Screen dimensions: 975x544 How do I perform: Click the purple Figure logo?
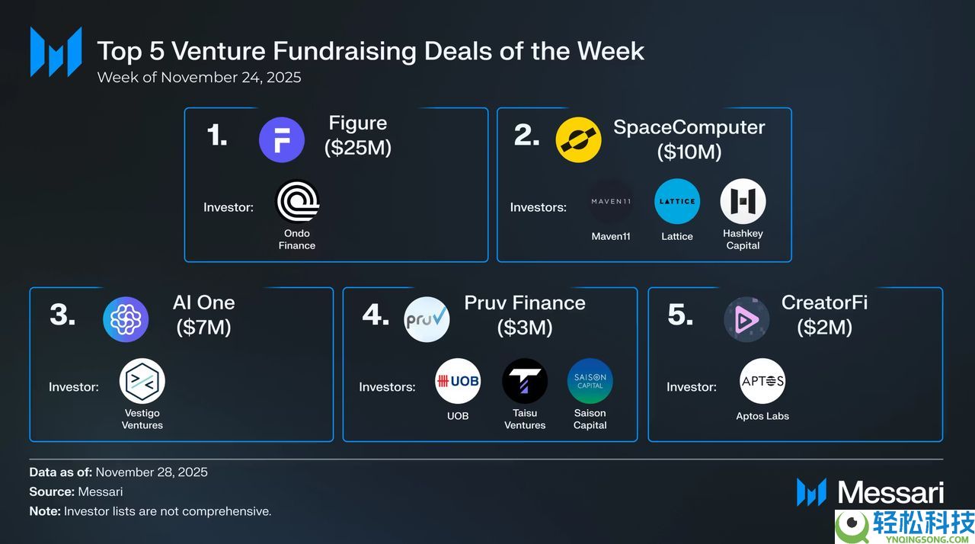tap(282, 139)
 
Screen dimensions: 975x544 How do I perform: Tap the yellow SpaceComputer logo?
tap(578, 139)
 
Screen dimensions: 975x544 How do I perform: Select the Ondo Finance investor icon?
tap(298, 201)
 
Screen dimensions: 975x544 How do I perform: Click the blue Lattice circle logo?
tap(677, 201)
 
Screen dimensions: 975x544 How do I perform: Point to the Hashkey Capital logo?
tap(743, 201)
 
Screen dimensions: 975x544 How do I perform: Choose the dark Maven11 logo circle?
tap(611, 201)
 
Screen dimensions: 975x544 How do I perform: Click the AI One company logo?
tap(126, 319)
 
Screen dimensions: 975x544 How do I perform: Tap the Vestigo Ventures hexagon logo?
tap(142, 381)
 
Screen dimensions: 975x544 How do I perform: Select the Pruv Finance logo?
tap(427, 319)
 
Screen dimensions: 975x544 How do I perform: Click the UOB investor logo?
tap(458, 381)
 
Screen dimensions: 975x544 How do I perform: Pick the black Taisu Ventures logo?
tap(525, 381)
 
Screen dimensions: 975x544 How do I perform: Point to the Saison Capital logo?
tap(590, 381)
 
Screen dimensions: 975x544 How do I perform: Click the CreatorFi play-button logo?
tap(746, 319)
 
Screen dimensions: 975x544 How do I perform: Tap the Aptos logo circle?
tap(762, 381)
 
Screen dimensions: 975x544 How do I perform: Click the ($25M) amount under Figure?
tap(358, 148)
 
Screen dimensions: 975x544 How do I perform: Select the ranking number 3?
tap(62, 314)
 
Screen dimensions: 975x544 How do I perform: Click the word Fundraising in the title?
tap(344, 51)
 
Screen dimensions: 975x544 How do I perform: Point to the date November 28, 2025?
tap(152, 472)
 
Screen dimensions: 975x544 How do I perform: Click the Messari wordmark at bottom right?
tap(891, 493)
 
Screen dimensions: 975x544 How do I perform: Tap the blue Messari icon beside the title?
tap(56, 52)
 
